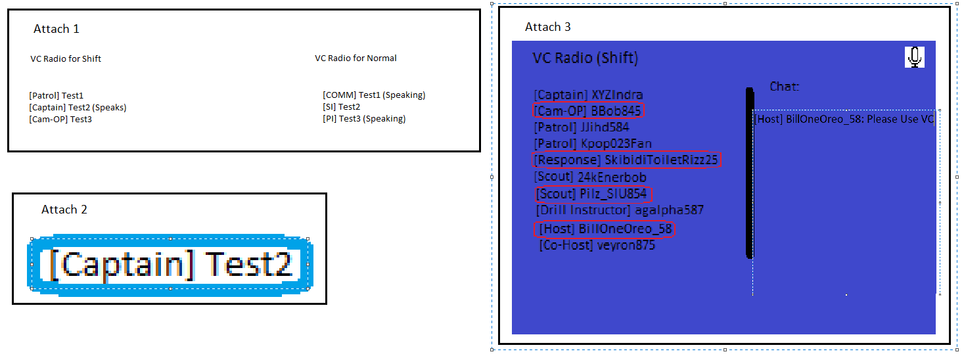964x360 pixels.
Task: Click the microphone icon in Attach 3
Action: pyautogui.click(x=915, y=57)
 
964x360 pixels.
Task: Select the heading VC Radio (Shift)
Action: pyautogui.click(x=585, y=58)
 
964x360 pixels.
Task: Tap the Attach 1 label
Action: pyautogui.click(x=57, y=29)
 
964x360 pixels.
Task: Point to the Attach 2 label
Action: pyautogui.click(x=64, y=210)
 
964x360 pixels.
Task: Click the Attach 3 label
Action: pyautogui.click(x=548, y=27)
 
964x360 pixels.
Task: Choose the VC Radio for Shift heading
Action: pyautogui.click(x=66, y=58)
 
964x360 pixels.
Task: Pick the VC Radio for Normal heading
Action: pyautogui.click(x=356, y=58)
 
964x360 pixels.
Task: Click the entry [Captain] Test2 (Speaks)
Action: pyautogui.click(x=78, y=107)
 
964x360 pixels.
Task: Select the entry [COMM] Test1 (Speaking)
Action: pyautogui.click(x=374, y=95)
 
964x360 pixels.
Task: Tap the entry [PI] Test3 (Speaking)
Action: pyautogui.click(x=364, y=119)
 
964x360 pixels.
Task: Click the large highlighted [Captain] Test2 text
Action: pyautogui.click(x=170, y=264)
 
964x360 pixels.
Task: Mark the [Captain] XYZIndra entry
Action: pyautogui.click(x=588, y=95)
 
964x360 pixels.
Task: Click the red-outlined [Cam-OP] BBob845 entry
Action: pyautogui.click(x=587, y=110)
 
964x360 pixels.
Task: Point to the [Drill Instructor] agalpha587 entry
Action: pyautogui.click(x=620, y=210)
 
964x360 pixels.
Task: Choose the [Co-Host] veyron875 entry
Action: pyautogui.click(x=597, y=245)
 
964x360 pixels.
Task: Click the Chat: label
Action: pyautogui.click(x=785, y=86)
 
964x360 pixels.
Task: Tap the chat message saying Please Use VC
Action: pyautogui.click(x=844, y=119)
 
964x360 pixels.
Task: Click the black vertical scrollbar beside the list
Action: pyautogui.click(x=749, y=173)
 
